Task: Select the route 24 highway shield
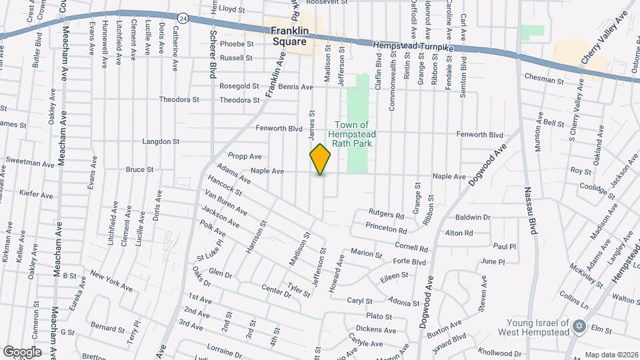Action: click(183, 18)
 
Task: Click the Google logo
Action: click(22, 351)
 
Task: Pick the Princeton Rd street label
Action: click(386, 230)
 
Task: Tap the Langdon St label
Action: click(161, 141)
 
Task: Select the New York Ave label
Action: click(111, 280)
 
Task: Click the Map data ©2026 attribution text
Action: click(611, 354)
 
